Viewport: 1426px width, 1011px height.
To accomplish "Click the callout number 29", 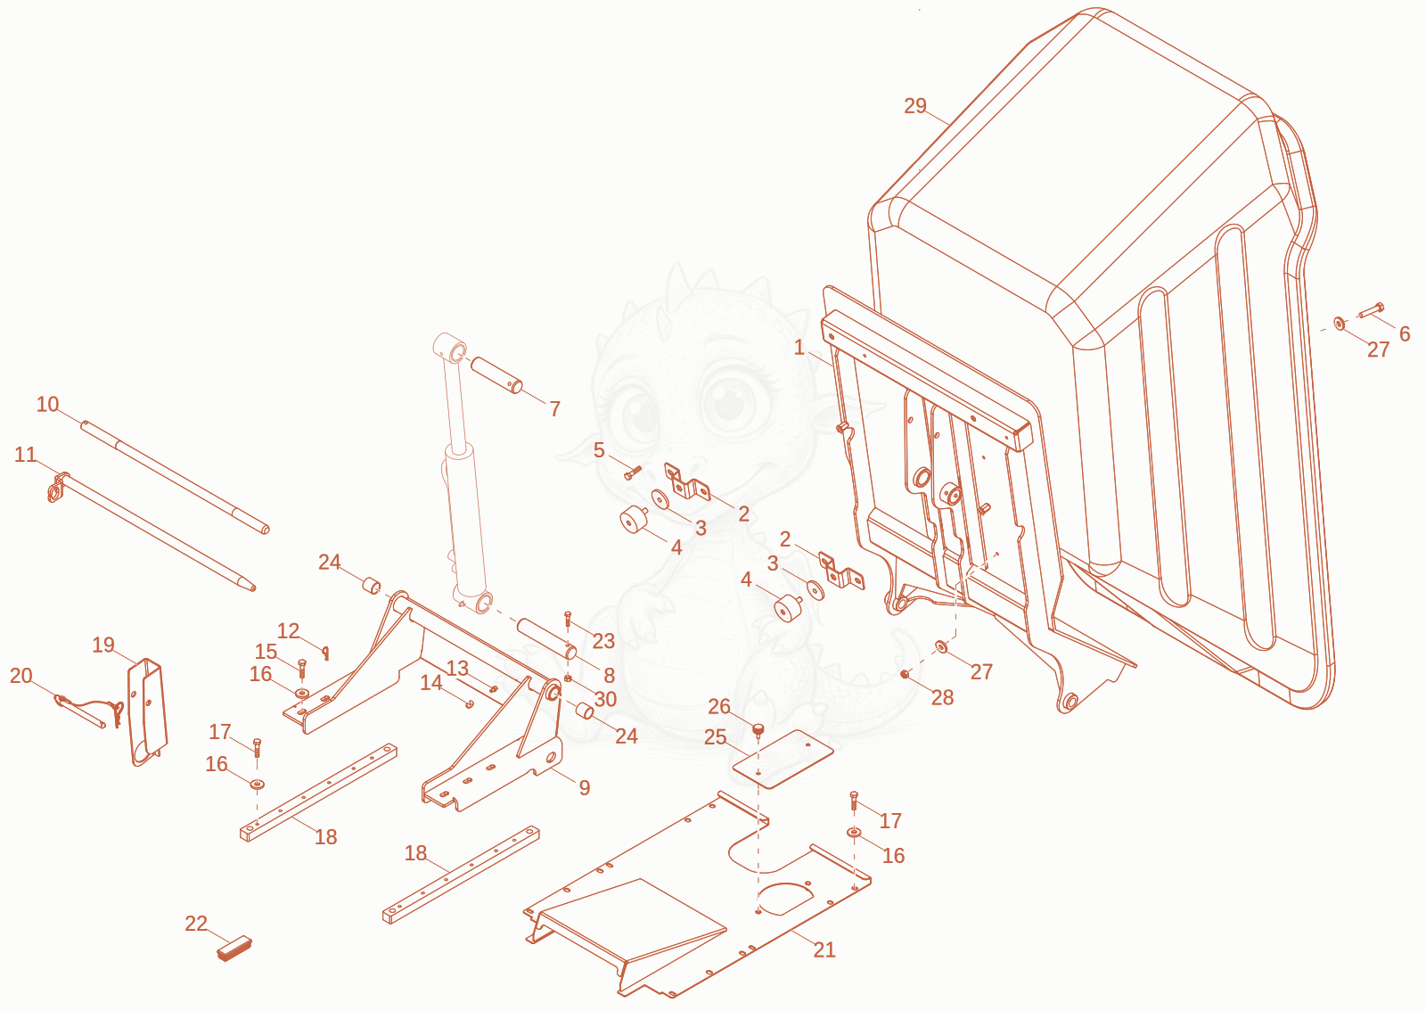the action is coord(915,106).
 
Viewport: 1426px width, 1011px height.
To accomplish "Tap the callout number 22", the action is coord(196,923).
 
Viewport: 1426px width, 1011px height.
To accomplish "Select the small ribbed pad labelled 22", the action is coord(234,949).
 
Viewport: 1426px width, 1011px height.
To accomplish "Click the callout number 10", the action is coord(48,404).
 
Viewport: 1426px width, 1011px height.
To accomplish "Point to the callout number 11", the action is coord(26,455).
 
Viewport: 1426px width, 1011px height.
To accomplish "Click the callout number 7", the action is coord(555,408).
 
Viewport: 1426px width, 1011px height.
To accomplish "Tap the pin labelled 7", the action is coord(496,375).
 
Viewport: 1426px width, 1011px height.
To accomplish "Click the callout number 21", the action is coord(824,949).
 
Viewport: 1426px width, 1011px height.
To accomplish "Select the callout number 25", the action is coord(716,737).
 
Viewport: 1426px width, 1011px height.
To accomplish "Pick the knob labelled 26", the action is coord(758,730).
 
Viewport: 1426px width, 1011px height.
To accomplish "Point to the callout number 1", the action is coord(799,348).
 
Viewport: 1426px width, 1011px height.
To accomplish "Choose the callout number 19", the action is coord(103,645).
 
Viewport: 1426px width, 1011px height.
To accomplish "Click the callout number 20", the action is coord(21,676).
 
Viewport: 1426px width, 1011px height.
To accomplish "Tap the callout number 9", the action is coord(585,788).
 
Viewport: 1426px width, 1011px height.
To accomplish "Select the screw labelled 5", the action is coord(633,473).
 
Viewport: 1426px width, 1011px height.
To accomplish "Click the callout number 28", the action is coord(943,698).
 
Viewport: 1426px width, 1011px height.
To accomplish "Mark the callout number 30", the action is coord(605,699).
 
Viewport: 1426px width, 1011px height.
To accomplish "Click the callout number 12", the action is coord(289,631).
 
